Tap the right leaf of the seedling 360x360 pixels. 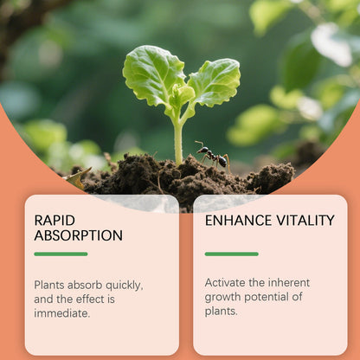coord(214,82)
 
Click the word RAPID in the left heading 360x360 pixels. coord(55,220)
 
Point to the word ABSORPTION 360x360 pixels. coord(78,235)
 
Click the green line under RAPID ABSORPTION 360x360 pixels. coord(61,254)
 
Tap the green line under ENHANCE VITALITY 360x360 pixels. coord(231,254)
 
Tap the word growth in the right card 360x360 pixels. coord(227,297)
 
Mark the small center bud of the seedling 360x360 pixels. coord(182,93)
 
